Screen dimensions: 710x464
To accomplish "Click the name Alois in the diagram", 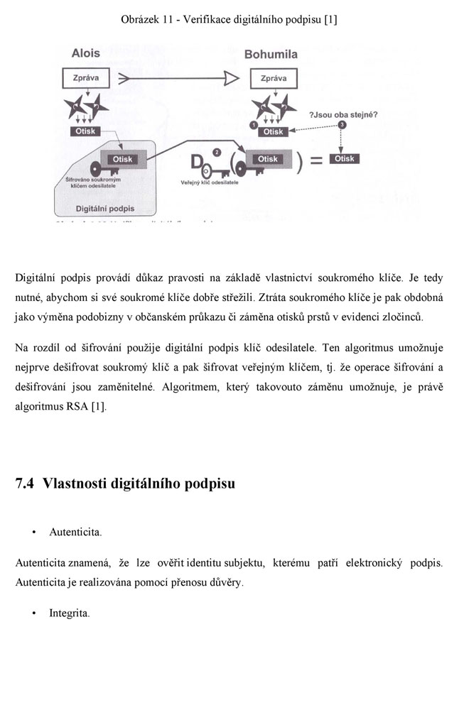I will [86, 54].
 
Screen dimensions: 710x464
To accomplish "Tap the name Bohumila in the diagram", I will [272, 54].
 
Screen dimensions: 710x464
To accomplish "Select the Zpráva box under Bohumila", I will [274, 79].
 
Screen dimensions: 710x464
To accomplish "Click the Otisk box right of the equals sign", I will [345, 159].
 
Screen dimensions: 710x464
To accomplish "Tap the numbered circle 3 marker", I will [342, 125].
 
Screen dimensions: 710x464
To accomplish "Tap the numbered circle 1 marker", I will [254, 125].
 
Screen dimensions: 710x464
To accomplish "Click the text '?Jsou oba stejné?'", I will [342, 114].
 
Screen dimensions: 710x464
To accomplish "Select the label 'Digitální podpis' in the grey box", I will [105, 209].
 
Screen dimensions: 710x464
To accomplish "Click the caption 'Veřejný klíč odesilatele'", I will [210, 182].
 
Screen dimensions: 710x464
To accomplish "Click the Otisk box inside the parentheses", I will [267, 159].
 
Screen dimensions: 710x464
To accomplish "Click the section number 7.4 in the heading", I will [25, 484].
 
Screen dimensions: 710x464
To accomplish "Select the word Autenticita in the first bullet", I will [75, 532].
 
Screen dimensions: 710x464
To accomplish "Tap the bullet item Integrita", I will [68, 613].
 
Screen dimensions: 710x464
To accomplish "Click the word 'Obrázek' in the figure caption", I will [140, 20].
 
